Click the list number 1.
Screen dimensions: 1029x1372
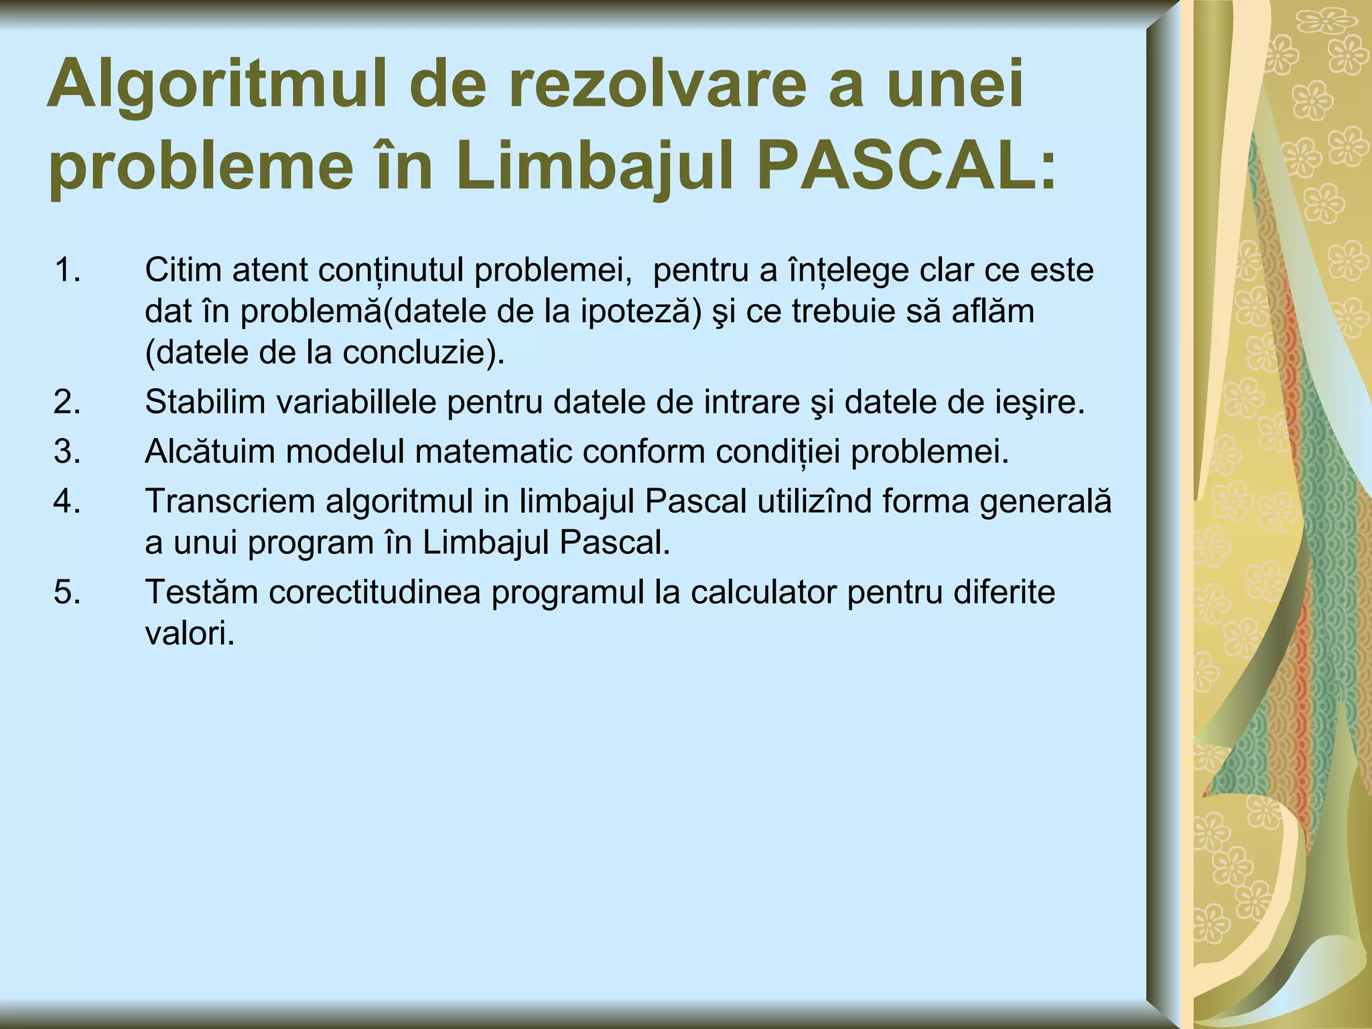pyautogui.click(x=66, y=270)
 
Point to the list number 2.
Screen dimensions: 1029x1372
pyautogui.click(x=66, y=402)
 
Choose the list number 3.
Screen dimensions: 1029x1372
pyautogui.click(x=66, y=452)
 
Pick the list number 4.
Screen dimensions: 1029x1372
pyautogui.click(x=66, y=501)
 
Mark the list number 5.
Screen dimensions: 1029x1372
pyautogui.click(x=66, y=592)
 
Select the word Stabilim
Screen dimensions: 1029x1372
pyautogui.click(x=205, y=402)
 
